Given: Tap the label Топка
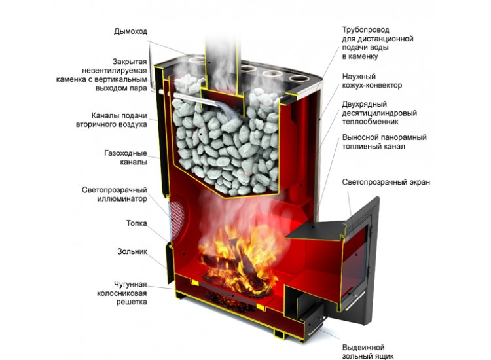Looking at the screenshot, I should (137, 223).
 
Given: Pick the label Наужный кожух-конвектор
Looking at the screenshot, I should (372, 81).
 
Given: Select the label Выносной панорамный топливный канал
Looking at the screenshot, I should (384, 142).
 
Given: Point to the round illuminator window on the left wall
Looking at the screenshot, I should (177, 213).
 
